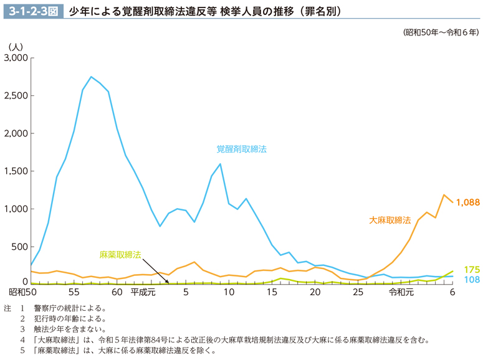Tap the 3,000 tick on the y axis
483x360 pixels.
pos(16,58)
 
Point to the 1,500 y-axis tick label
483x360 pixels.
pos(16,171)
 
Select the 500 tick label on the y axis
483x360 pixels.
pos(21,247)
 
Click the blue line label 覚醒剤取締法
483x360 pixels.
pos(241,149)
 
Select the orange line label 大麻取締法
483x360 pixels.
pos(390,220)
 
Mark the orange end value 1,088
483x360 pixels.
pos(467,202)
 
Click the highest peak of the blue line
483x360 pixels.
pos(91,77)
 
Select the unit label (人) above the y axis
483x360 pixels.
pos(16,46)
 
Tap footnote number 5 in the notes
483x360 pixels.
pos(22,351)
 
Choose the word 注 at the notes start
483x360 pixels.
pos(7,308)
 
